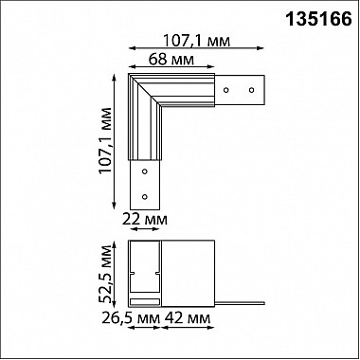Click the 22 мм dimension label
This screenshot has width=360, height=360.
click(143, 220)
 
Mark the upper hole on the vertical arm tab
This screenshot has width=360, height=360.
click(144, 173)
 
